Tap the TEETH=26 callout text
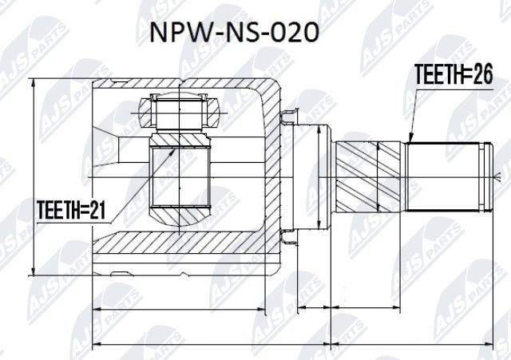(x=452, y=74)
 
